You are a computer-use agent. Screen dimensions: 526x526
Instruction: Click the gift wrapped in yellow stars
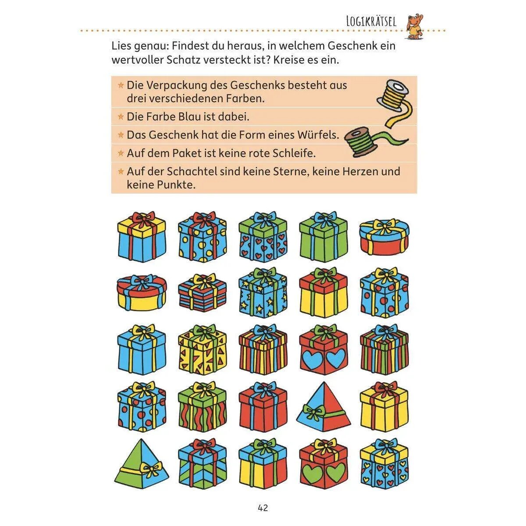pos(263,293)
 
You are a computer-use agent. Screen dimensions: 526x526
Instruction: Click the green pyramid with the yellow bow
pos(142,464)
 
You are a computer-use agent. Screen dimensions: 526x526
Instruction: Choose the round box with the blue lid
pos(384,237)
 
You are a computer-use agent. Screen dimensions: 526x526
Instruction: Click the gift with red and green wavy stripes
pos(202,407)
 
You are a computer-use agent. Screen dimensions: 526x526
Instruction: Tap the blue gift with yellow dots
pos(202,236)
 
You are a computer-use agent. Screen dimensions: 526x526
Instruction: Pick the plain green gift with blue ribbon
pos(323,236)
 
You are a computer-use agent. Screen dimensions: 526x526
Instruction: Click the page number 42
pos(263,508)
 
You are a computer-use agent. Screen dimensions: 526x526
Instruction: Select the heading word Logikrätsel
pos(371,21)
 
